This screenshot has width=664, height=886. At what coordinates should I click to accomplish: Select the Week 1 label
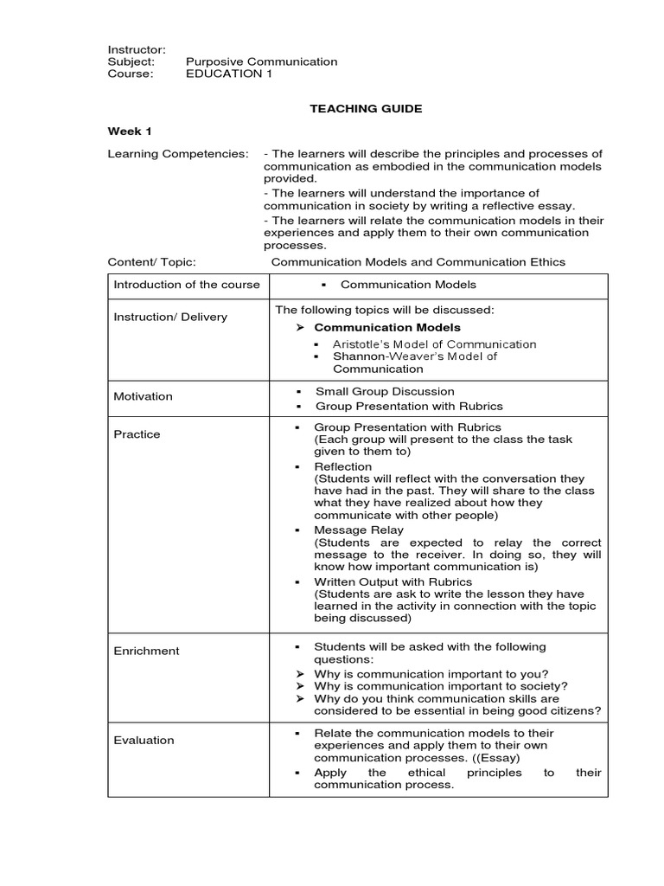point(129,132)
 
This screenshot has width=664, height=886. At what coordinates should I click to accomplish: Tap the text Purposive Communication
point(261,61)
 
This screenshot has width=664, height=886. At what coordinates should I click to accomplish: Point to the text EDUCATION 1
point(223,74)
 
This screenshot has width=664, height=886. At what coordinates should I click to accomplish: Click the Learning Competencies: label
point(177,153)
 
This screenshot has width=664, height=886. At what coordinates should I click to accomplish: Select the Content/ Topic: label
point(151,261)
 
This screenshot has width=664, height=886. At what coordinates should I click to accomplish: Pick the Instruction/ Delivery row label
point(170,317)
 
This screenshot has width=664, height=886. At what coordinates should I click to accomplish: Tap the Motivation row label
point(143,396)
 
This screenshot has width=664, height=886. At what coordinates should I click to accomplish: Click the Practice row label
point(137,434)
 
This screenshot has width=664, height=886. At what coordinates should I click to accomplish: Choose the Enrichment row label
point(146,651)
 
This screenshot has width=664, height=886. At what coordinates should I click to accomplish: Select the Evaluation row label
point(144,740)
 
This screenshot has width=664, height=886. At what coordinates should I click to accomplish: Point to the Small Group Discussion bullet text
point(385,392)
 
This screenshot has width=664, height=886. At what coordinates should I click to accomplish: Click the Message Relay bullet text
point(359,530)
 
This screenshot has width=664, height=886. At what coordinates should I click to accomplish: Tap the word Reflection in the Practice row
point(343,466)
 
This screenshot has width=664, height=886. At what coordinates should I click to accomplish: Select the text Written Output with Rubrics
point(393,581)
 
